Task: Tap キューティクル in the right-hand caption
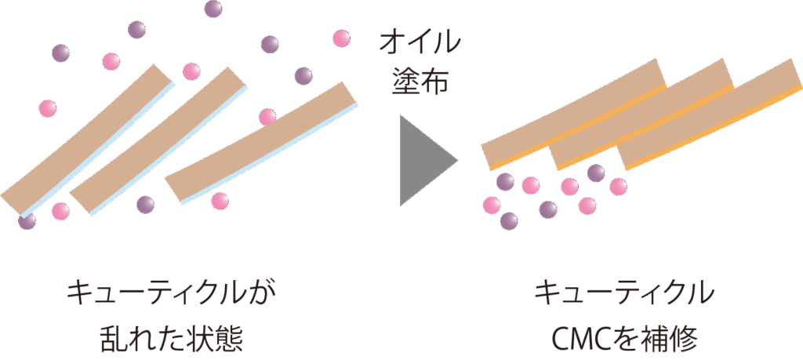click(623, 294)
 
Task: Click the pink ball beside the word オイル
click(341, 38)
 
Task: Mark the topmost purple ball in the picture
click(213, 9)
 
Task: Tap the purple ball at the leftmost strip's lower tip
click(27, 221)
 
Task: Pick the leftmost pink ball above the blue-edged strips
click(48, 107)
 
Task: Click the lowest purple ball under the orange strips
click(509, 221)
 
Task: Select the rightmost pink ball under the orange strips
click(618, 187)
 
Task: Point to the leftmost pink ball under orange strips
click(492, 205)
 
